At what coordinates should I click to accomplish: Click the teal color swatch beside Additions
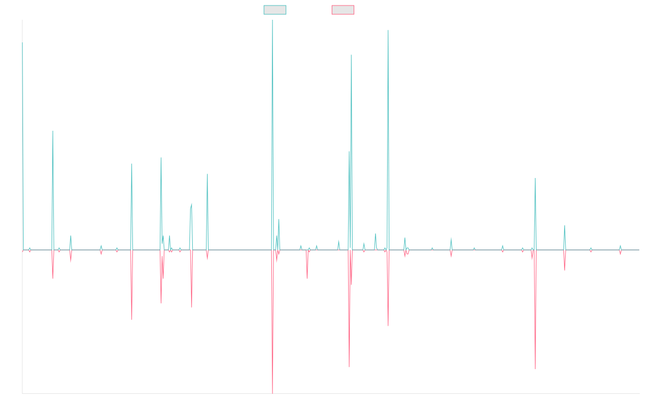(275, 10)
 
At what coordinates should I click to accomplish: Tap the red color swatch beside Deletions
(343, 10)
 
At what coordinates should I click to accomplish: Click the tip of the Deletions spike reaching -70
(272, 393)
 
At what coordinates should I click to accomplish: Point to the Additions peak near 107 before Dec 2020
(388, 30)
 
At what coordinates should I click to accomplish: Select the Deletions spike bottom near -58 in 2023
(535, 369)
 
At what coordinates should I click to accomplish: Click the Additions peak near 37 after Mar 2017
(208, 174)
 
